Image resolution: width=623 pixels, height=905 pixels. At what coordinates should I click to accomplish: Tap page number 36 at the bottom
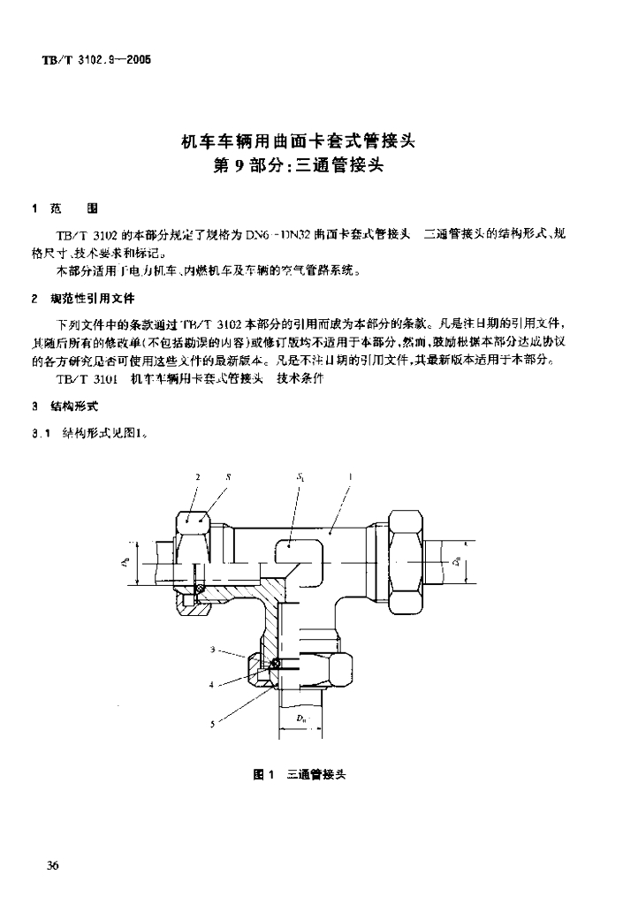(x=52, y=865)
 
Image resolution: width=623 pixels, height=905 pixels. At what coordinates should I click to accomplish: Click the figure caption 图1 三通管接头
(x=299, y=773)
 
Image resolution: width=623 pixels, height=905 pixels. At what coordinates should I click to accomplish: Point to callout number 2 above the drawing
(x=199, y=477)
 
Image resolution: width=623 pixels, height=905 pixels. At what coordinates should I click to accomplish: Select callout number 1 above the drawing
(x=352, y=477)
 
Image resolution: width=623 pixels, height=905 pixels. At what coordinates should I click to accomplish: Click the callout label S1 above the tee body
(x=300, y=477)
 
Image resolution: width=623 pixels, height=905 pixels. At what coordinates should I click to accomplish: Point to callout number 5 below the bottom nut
(x=212, y=724)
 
